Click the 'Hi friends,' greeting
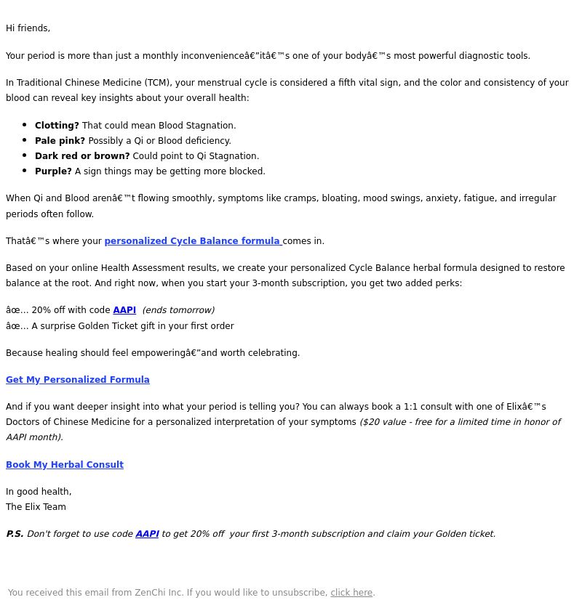coord(28,28)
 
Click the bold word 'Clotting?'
coord(57,126)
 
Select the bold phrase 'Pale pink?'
coord(60,141)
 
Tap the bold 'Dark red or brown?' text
coord(82,156)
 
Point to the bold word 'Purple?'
coord(53,171)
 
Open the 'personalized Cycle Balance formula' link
coord(193,241)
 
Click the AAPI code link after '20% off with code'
coord(124,310)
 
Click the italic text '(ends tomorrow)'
coord(178,310)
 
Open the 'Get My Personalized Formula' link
coord(78,380)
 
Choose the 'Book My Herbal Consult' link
coord(65,465)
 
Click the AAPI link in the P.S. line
coord(147,534)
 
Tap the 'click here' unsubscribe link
coord(351,593)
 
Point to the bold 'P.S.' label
coord(15,534)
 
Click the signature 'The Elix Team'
coord(36,507)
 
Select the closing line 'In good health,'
coord(39,492)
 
